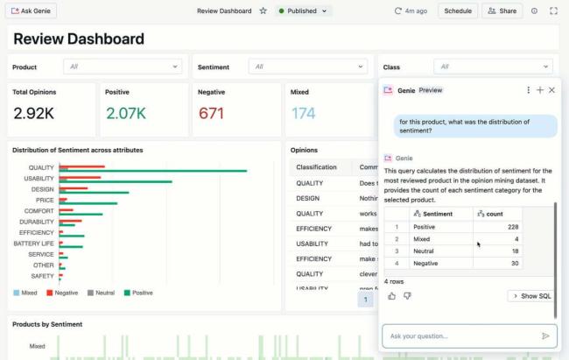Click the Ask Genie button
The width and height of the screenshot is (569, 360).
pyautogui.click(x=32, y=11)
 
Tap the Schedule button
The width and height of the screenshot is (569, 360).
pyautogui.click(x=457, y=11)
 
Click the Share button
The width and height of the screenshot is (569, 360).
pyautogui.click(x=502, y=11)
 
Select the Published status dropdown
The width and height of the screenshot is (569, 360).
pyautogui.click(x=303, y=11)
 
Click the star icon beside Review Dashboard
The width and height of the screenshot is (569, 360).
pyautogui.click(x=263, y=11)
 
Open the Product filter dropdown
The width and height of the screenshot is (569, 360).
pyautogui.click(x=123, y=67)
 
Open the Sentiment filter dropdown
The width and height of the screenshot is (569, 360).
pyautogui.click(x=309, y=67)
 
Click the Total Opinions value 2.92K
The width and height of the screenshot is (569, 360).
pyautogui.click(x=34, y=113)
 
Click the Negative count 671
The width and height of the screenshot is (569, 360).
pyautogui.click(x=212, y=113)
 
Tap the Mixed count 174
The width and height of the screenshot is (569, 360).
pyautogui.click(x=303, y=113)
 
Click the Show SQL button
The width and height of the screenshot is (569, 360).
pyautogui.click(x=531, y=296)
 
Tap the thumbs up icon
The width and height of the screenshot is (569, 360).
pyautogui.click(x=391, y=296)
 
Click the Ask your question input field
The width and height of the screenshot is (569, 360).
pyautogui.click(x=460, y=335)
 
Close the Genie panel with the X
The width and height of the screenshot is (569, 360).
pyautogui.click(x=551, y=90)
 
